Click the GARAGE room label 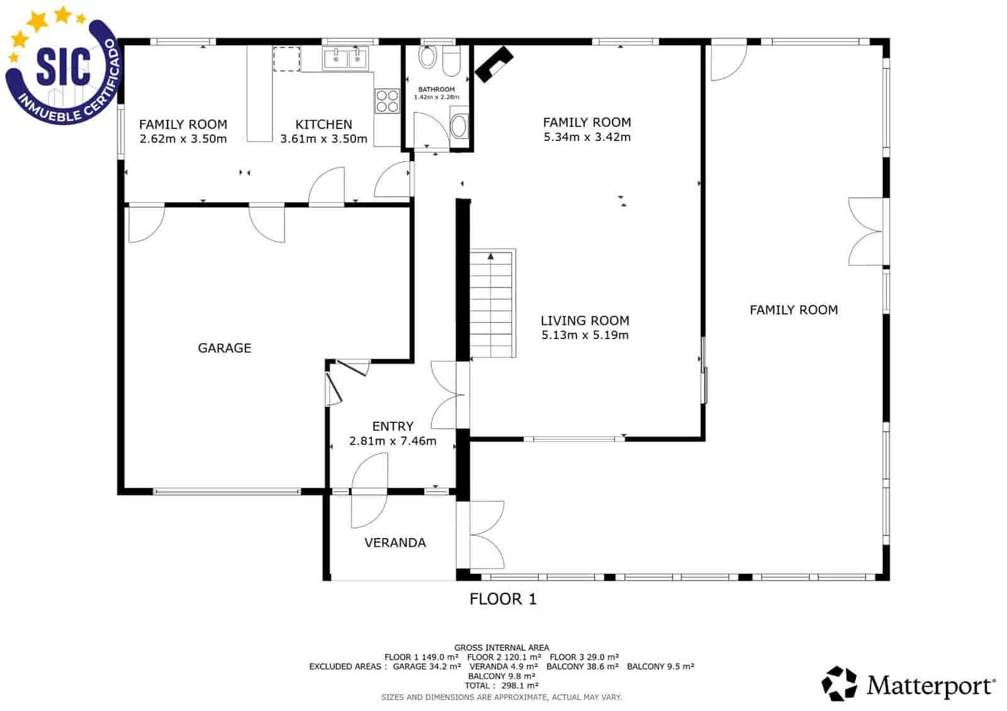225,348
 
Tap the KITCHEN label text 323,125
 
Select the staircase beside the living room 492,303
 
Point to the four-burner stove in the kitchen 387,101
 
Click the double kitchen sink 346,59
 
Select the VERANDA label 395,542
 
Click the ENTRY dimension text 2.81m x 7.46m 393,441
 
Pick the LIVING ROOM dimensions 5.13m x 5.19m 585,335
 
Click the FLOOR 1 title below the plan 503,599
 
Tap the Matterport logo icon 840,683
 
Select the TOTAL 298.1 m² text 502,686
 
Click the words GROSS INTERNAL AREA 502,647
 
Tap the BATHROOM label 436,89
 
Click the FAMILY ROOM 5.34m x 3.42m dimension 587,137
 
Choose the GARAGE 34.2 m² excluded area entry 427,666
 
